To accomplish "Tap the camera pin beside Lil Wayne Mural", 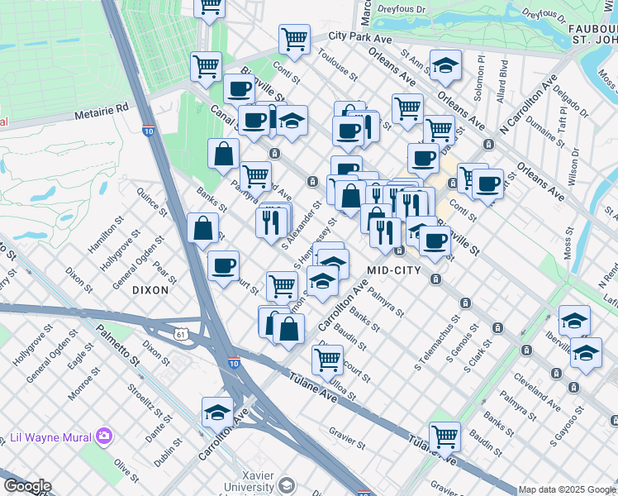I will pos(104,436).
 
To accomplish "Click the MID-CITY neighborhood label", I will pos(394,270).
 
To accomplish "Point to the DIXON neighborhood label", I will pos(150,290).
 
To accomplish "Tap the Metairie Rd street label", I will pos(101,109).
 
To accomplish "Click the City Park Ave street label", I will pos(359,37).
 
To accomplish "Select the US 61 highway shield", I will pos(181,334).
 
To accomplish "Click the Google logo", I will pos(27,486).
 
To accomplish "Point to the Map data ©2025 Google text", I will pos(567,489).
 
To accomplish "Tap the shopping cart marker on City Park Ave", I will pos(294,38).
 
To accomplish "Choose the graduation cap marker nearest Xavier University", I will pos(216,411).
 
